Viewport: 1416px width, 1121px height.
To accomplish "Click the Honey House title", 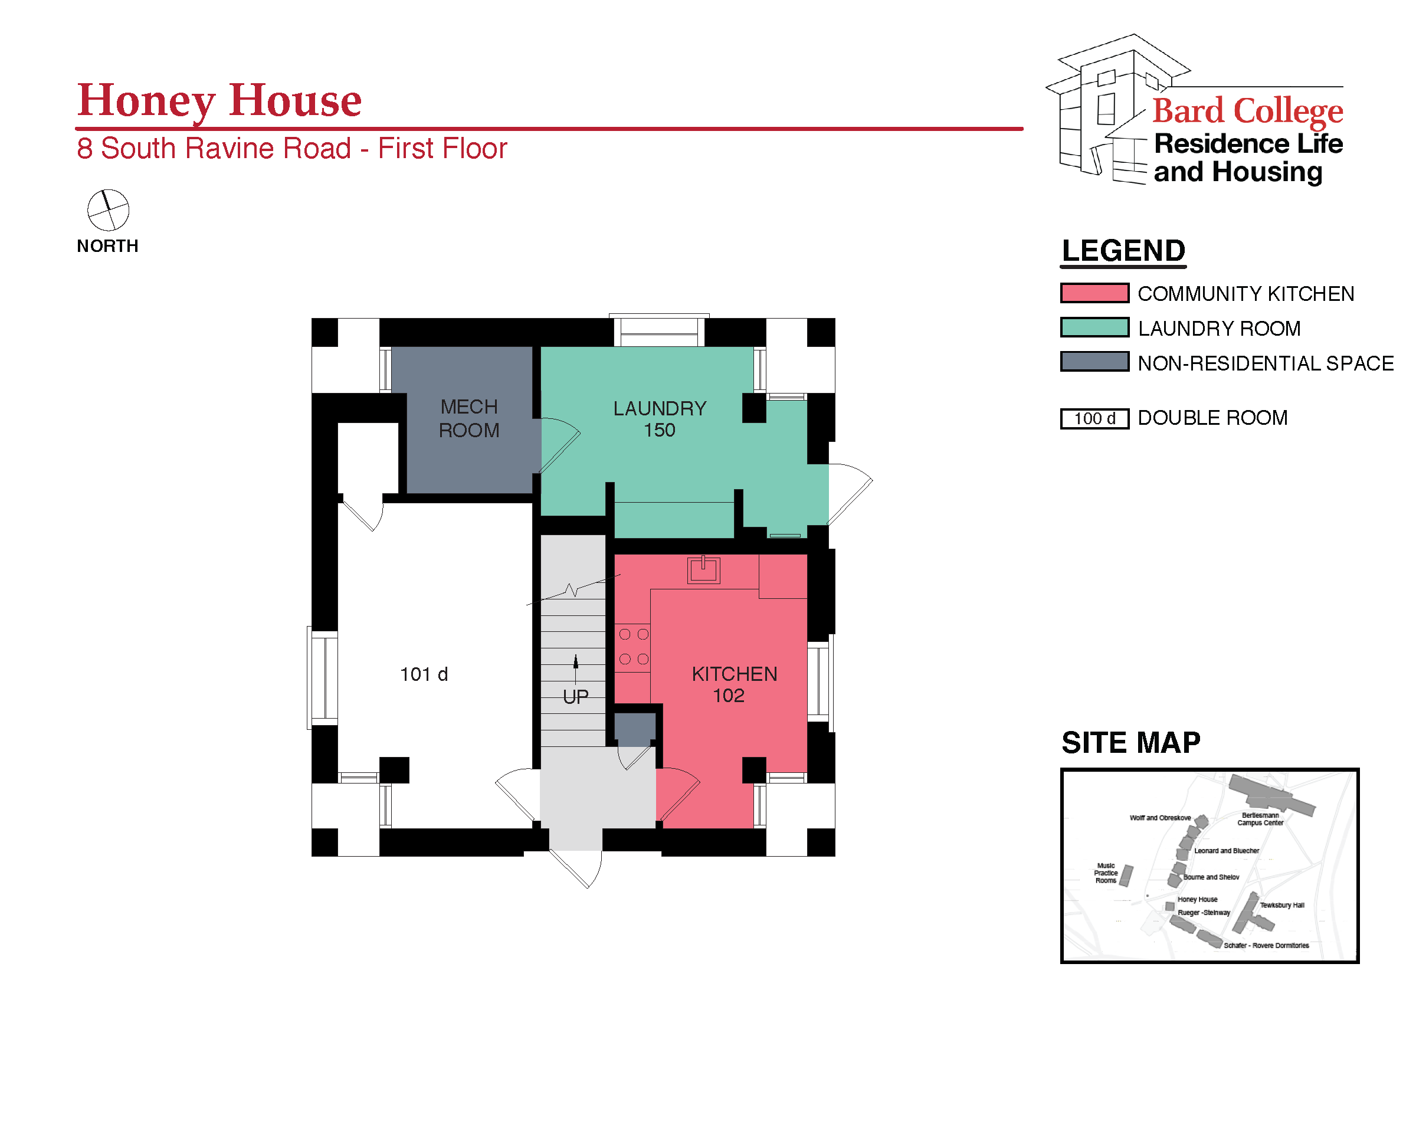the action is (219, 101).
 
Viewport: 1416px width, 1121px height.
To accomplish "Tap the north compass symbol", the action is (109, 210).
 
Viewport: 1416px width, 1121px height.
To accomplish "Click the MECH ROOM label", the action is (469, 418).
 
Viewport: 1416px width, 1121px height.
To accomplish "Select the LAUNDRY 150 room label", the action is (660, 419).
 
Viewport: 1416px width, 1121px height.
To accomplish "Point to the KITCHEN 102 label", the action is (734, 684).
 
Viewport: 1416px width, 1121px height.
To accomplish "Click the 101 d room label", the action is (424, 674).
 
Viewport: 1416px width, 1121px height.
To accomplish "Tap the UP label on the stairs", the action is (575, 696).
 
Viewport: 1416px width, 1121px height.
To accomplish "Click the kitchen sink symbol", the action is (703, 569).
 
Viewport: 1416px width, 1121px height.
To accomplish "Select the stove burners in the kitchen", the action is (634, 647).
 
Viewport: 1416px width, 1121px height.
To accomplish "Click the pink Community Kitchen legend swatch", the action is (1094, 293).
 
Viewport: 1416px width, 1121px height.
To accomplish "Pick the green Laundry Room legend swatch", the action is (1094, 327).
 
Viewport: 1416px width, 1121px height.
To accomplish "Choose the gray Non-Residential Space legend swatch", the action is (1094, 362).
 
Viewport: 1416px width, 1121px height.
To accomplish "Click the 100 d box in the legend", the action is (1094, 418).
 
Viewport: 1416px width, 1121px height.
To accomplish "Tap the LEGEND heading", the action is (1123, 251).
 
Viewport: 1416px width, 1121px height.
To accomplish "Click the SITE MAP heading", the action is (1130, 743).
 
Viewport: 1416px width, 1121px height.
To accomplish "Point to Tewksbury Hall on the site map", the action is (1281, 905).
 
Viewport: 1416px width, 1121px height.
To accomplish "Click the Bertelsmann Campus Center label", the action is (1260, 819).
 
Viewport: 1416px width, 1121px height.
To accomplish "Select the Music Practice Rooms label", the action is (1106, 873).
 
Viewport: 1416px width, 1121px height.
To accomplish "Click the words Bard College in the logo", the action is (1247, 110).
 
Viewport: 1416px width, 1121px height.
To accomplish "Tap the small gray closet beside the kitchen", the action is (634, 729).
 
